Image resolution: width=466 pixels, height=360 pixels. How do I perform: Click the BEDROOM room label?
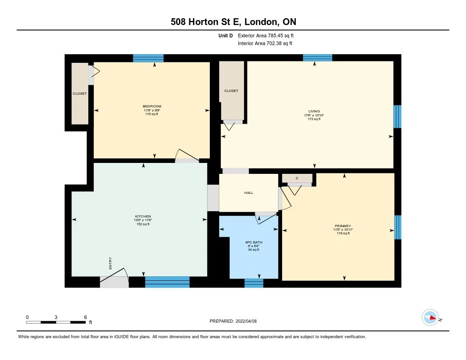pos(152,106)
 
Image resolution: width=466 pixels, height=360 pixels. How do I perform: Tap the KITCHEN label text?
pos(143,216)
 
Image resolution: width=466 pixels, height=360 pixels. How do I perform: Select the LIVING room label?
pos(314,111)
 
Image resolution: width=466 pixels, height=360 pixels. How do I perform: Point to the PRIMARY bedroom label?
pos(343,226)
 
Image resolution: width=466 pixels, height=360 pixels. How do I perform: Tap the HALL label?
pos(248,193)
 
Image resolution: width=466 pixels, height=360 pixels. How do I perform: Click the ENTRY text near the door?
pos(110,263)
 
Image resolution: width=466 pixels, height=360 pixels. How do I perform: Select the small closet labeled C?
pos(297,178)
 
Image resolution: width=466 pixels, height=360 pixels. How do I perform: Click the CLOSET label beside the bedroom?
pos(80,93)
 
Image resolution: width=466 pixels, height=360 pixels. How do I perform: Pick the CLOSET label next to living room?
pos(231,91)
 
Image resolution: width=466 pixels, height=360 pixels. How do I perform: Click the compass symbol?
pos(430,318)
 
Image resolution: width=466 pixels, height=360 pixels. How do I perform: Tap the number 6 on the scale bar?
pos(85,317)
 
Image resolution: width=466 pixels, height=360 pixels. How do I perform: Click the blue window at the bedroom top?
pos(148,58)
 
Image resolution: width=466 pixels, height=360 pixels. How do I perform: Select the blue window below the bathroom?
pos(254,283)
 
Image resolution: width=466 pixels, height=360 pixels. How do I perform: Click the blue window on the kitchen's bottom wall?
pos(167,282)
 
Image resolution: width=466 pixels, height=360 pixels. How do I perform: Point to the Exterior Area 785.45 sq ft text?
pos(269,35)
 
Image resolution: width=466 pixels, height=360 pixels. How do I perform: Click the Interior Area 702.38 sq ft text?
pos(265,44)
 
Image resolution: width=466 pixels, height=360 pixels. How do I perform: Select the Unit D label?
pos(227,35)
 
